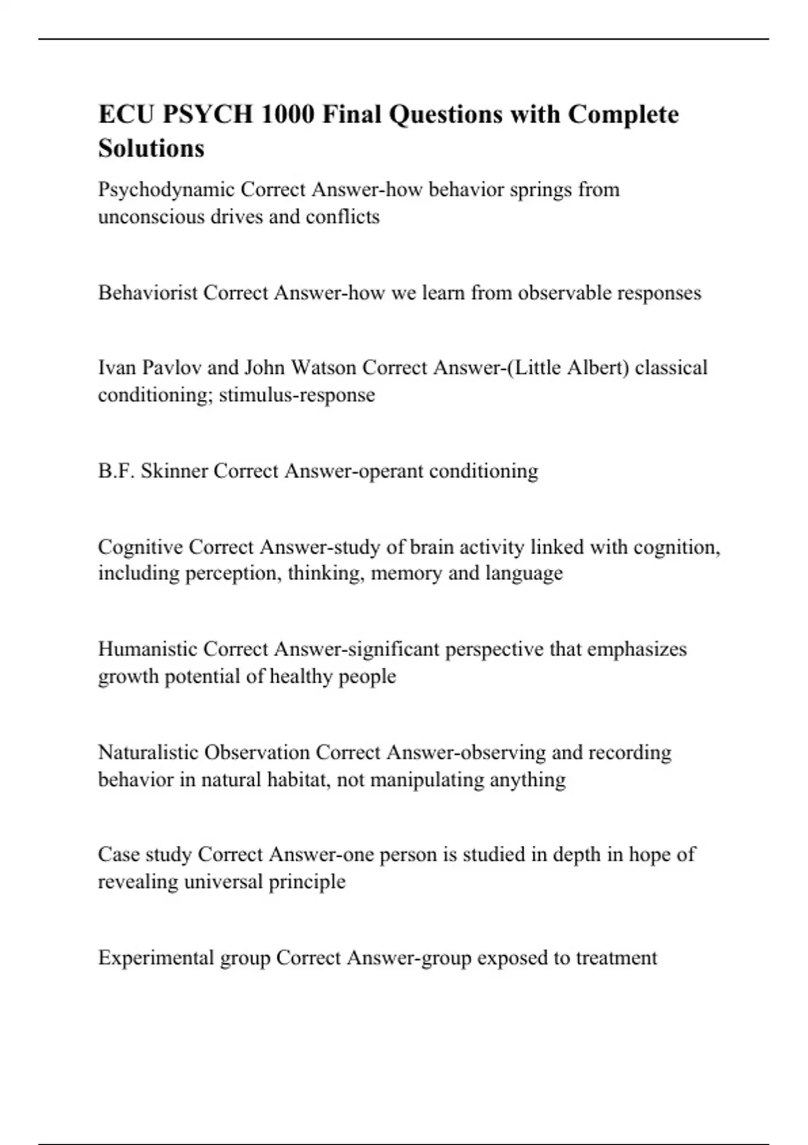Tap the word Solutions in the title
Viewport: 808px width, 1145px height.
point(151,148)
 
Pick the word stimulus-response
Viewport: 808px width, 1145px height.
point(297,395)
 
